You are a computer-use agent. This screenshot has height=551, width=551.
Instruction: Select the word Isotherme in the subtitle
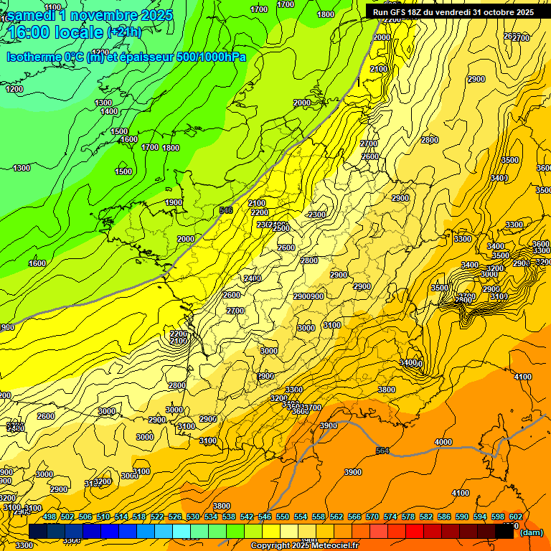(32, 57)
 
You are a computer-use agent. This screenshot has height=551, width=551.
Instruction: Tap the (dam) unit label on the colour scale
(531, 532)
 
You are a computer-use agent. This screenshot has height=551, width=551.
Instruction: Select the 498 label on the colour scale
(50, 517)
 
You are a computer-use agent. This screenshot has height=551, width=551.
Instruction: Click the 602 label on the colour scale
(515, 517)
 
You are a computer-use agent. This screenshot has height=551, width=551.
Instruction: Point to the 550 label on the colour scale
(283, 517)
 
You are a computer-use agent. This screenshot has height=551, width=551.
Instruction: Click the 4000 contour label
(443, 442)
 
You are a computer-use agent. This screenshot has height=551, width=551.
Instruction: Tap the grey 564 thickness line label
(382, 451)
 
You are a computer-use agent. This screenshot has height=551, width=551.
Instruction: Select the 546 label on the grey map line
(226, 210)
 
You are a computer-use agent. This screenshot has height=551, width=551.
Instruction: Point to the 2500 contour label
(282, 228)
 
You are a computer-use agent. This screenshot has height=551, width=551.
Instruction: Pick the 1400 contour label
(109, 112)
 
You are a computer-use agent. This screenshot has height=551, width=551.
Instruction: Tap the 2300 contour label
(316, 215)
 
